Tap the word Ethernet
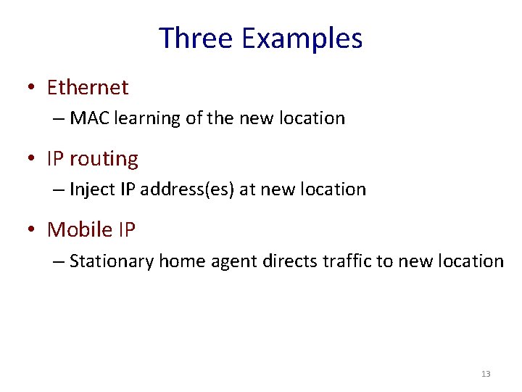point(88,88)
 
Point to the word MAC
point(88,118)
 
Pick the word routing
point(104,159)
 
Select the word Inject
point(91,189)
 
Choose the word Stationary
point(112,261)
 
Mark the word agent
point(233,261)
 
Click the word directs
point(287,261)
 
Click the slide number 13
point(486,374)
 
